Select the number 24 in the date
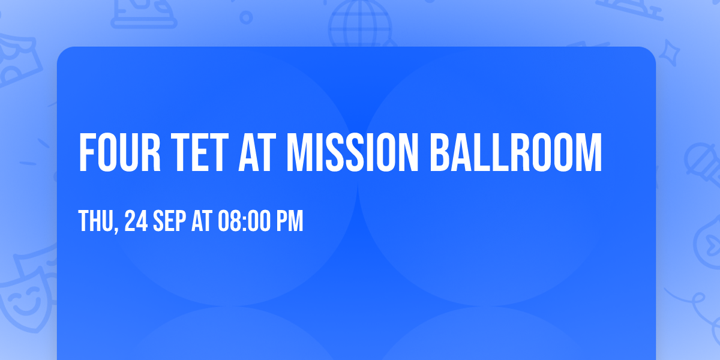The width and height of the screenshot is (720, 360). pos(136,222)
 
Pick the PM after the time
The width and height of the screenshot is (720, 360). pos(290,222)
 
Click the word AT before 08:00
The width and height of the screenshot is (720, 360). pos(202,222)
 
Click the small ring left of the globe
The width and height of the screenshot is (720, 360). pos(246,17)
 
